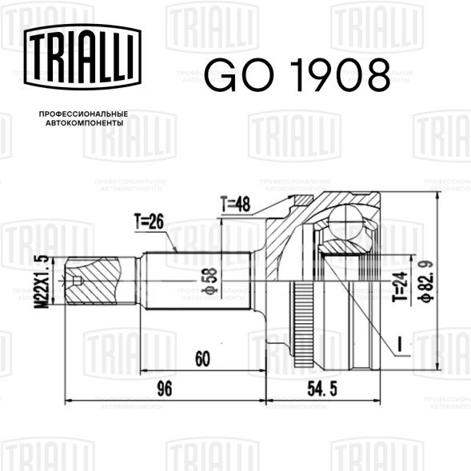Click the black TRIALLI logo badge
tap(82, 57)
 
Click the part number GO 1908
tap(297, 75)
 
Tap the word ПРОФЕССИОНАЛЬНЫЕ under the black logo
tap(83, 114)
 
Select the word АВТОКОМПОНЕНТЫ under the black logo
tap(85, 123)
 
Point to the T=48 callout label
tap(235, 204)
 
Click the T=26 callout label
tap(149, 222)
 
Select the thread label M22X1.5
tap(42, 281)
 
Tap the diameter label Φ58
tap(210, 280)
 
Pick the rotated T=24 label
tap(401, 286)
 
